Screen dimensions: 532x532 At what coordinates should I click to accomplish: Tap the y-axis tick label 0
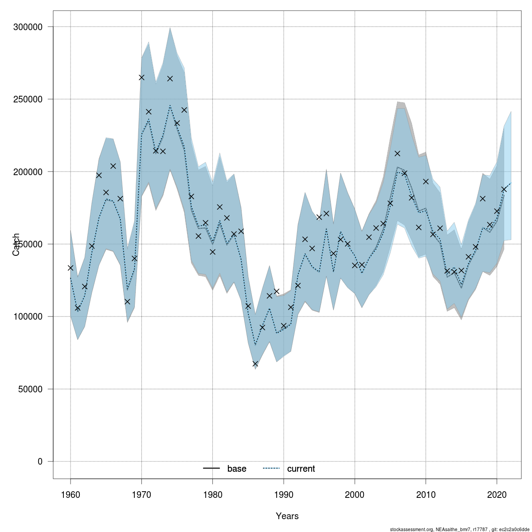[x=40, y=462]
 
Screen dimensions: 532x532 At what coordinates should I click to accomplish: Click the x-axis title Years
[x=287, y=516]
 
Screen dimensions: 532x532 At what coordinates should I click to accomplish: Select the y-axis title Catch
[x=16, y=244]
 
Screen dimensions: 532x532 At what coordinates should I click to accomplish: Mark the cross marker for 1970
[x=141, y=77]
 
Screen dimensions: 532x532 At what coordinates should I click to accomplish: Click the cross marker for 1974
[x=170, y=78]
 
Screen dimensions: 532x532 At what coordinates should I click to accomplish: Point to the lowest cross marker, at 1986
[x=255, y=364]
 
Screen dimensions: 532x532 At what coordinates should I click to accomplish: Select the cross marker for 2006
[x=397, y=153]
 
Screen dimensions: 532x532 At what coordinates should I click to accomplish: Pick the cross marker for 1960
[x=70, y=268]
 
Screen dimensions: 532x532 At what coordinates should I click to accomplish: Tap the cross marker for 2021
[x=504, y=189]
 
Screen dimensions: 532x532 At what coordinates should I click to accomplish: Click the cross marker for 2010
[x=426, y=181]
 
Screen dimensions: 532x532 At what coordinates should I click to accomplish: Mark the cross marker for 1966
[x=113, y=166]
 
